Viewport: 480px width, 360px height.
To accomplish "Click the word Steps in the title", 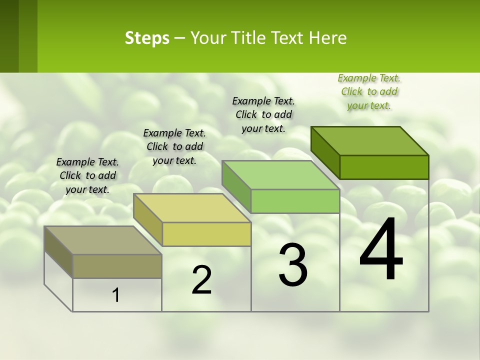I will (147, 38).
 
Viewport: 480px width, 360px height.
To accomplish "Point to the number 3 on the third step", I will (293, 265).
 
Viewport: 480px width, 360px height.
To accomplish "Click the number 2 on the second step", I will (201, 280).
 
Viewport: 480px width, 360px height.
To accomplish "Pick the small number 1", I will (116, 295).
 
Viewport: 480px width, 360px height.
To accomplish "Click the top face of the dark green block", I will (370, 140).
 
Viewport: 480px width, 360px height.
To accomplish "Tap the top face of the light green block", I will (281, 175).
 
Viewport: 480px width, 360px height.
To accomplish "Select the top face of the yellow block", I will (192, 208).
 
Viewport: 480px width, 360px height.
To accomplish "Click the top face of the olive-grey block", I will (103, 240).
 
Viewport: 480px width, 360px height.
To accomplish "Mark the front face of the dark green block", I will (384, 167).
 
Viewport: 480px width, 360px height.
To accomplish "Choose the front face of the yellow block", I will (206, 234).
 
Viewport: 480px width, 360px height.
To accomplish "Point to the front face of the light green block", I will (295, 201).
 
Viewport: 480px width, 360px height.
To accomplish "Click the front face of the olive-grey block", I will (117, 266).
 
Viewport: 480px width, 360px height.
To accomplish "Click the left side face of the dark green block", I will (325, 152).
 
